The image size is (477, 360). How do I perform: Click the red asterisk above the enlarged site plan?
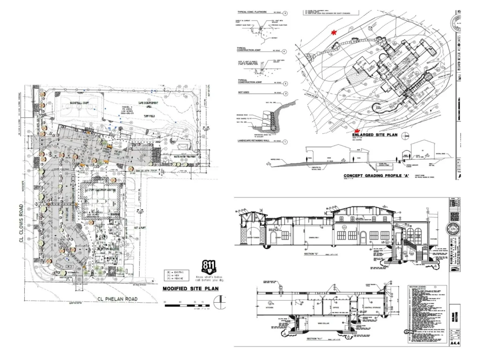click(x=333, y=32)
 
